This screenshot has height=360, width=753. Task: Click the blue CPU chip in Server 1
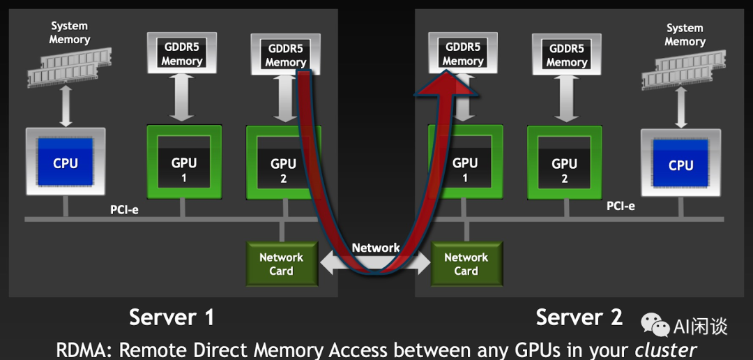pyautogui.click(x=66, y=162)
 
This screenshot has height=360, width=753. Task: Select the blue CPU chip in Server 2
pyautogui.click(x=680, y=165)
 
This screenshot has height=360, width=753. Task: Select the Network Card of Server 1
pyautogui.click(x=282, y=264)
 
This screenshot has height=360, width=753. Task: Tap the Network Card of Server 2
pyautogui.click(x=466, y=264)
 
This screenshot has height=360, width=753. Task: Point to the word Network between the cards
pyautogui.click(x=375, y=248)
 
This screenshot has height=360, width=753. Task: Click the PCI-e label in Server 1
pyautogui.click(x=124, y=209)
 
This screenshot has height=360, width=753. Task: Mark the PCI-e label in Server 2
pyautogui.click(x=621, y=206)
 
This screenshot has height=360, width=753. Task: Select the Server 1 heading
pyautogui.click(x=172, y=317)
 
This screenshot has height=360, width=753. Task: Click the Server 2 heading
pyautogui.click(x=579, y=317)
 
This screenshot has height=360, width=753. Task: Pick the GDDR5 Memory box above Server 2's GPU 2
pyautogui.click(x=567, y=55)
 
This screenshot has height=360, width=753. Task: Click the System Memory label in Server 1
pyautogui.click(x=70, y=33)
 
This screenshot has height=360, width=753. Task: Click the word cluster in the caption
pyautogui.click(x=666, y=349)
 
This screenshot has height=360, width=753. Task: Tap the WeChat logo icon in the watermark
pyautogui.click(x=655, y=324)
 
